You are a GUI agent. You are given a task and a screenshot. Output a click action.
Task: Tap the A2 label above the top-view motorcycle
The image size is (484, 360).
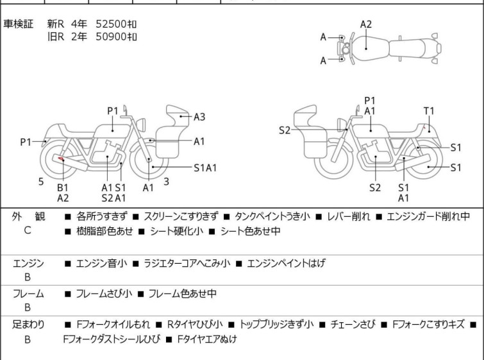coord(366,24)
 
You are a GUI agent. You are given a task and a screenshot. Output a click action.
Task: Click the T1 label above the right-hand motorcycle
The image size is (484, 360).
coord(429,111)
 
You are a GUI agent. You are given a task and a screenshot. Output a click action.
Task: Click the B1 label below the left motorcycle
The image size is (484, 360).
coord(63,187)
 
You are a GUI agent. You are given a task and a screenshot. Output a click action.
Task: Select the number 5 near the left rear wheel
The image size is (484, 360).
coord(41,182)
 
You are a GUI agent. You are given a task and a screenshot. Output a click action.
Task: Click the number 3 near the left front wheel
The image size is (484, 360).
coord(166,182)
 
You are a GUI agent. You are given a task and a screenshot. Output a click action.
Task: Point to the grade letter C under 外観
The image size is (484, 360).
coord(27,230)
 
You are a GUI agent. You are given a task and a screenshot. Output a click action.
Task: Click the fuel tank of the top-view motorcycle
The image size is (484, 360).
coord(367,47)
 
